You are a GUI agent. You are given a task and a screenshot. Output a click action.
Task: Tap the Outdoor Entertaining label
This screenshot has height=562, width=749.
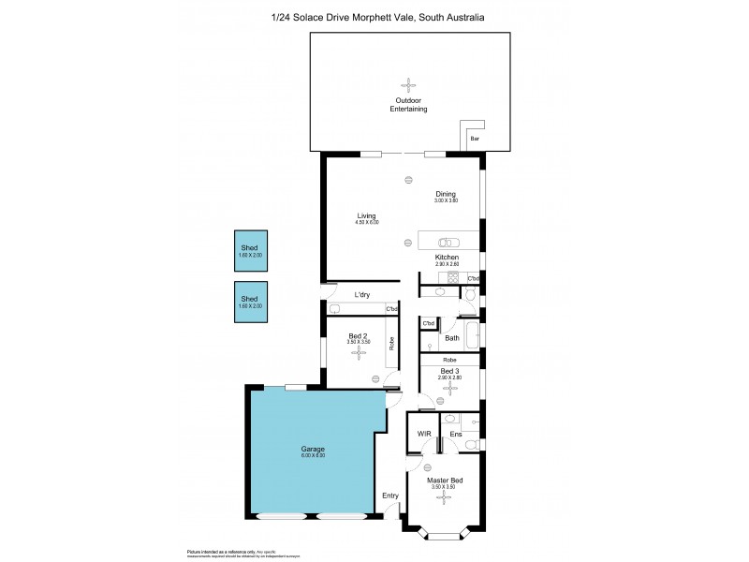click(408, 105)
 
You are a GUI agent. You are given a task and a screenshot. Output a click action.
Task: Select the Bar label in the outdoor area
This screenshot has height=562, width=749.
click(474, 139)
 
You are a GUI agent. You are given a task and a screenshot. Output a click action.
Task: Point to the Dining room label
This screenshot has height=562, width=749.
click(445, 194)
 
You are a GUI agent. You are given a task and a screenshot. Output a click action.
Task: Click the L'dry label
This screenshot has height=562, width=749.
click(361, 296)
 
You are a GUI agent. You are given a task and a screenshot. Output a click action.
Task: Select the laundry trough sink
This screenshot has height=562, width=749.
click(334, 309)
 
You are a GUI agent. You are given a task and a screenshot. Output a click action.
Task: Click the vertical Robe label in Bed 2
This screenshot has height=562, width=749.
click(391, 343)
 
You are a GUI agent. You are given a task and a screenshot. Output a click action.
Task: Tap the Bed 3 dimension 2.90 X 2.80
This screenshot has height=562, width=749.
click(450, 377)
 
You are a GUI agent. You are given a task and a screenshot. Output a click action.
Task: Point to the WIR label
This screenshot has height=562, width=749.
click(422, 434)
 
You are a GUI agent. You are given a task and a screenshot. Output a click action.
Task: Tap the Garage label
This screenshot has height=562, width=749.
click(313, 450)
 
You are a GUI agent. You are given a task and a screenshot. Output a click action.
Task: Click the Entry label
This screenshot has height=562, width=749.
click(390, 495)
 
